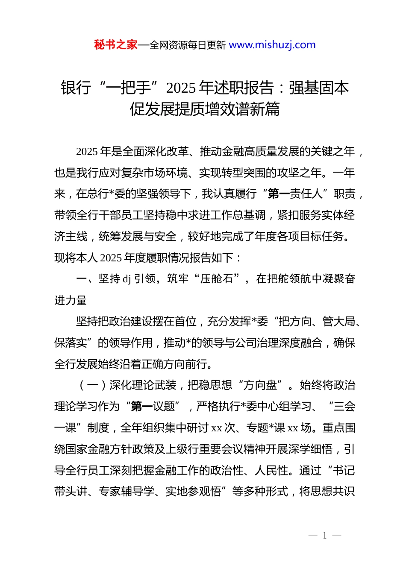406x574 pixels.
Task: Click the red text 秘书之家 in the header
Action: click(116, 45)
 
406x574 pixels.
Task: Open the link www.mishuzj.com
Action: click(272, 45)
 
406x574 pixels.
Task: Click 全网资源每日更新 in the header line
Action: click(187, 45)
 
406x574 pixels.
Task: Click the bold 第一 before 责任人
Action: click(279, 194)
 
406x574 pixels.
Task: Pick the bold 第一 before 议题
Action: click(142, 406)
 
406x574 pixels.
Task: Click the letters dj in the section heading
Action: click(127, 279)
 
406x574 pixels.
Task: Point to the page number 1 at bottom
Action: click(325, 536)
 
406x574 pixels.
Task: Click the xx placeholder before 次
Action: click(217, 428)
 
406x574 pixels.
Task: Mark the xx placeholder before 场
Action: click(293, 428)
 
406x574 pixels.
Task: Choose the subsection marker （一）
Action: click(92, 385)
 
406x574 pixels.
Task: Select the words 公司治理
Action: click(265, 343)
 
